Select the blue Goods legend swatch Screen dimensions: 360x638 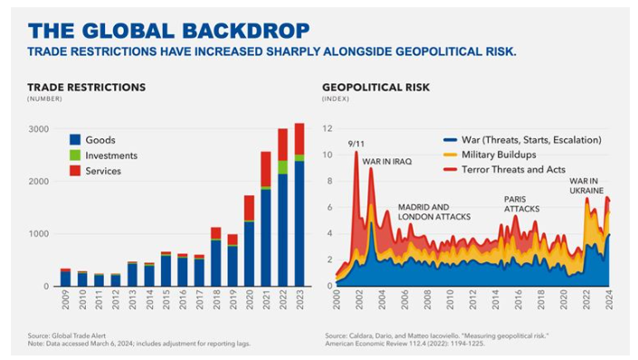[x=76, y=139]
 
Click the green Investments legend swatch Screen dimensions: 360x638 [x=76, y=156]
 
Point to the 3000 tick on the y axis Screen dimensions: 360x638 [x=37, y=129]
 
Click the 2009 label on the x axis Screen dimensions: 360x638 [x=65, y=301]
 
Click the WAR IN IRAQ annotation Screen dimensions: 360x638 [x=386, y=161]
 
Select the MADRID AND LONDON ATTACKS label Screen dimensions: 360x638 [x=433, y=212]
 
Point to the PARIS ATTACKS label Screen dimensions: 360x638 [x=521, y=204]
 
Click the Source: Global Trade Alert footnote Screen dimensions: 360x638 [x=71, y=336]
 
